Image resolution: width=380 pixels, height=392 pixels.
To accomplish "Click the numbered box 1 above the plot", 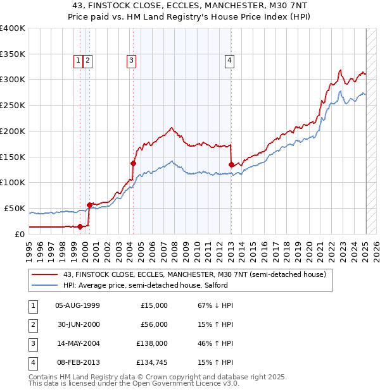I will tap(78, 61).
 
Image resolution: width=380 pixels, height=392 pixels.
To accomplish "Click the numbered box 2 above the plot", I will tap(87, 61).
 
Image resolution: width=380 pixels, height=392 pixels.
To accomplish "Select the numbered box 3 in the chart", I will tap(131, 61).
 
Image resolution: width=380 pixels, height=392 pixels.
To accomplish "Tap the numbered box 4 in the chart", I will tap(229, 61).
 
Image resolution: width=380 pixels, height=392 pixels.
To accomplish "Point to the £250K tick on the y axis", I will tap(13, 105).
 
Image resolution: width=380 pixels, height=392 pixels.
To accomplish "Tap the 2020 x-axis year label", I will tap(310, 248).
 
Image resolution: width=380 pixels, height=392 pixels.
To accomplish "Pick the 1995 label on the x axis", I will tap(29, 248).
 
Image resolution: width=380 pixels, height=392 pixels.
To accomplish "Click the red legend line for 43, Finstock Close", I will tap(46, 274).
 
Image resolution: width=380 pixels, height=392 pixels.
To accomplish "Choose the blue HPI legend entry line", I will tap(46, 285).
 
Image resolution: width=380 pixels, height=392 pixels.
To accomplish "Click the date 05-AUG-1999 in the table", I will tap(77, 305).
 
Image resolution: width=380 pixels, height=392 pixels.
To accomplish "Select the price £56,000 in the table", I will tap(154, 324).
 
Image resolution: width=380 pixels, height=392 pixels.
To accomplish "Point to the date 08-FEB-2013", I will tap(77, 362).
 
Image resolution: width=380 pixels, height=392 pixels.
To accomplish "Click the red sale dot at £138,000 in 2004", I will tap(133, 163).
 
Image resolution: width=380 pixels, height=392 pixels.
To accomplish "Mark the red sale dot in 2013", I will tap(231, 165).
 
